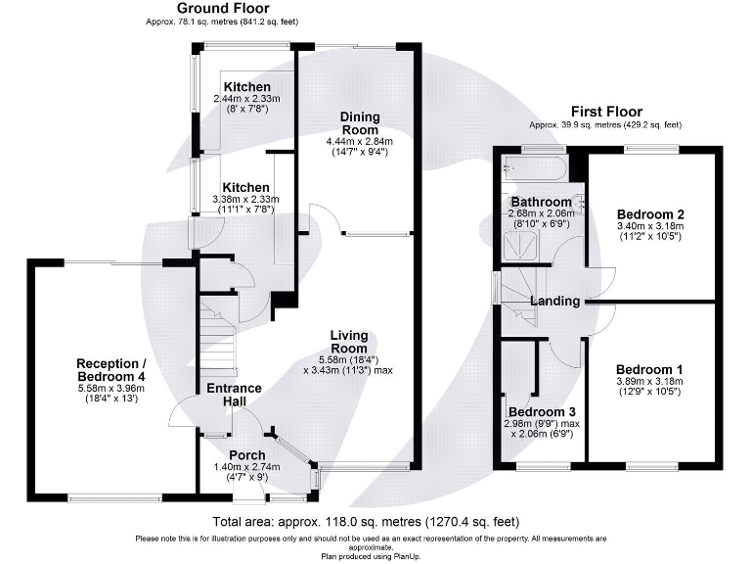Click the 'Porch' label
(x=246, y=455)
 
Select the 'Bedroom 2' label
(x=649, y=213)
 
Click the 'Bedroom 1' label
(x=649, y=369)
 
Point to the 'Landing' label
(x=555, y=301)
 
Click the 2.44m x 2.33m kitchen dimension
(x=246, y=99)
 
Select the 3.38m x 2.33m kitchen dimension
(x=245, y=199)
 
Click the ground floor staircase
(x=217, y=333)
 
